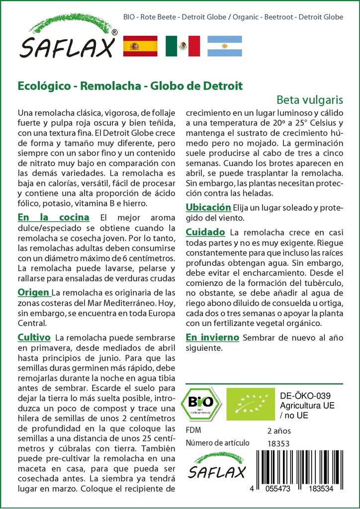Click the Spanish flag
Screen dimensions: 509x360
point(140,46)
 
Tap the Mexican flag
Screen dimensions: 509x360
point(182,46)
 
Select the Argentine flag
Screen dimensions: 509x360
point(225,46)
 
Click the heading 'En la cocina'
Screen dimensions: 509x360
point(53,217)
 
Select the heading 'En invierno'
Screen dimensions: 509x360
point(212,337)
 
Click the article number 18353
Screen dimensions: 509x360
point(278,443)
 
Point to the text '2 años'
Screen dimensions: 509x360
point(279,430)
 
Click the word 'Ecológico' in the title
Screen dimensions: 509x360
point(42,85)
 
